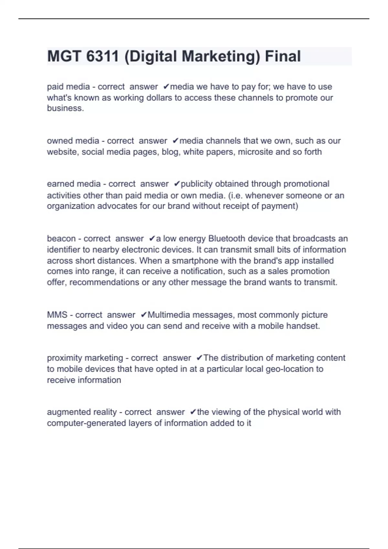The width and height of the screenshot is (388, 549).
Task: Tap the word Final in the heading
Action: pyautogui.click(x=283, y=56)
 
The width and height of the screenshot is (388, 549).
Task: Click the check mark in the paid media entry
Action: pyautogui.click(x=166, y=87)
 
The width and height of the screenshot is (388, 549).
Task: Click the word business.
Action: pyautogui.click(x=65, y=108)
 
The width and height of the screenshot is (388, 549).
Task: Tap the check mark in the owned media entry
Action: pyautogui.click(x=176, y=141)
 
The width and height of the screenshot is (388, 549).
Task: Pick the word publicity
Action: pyautogui.click(x=197, y=184)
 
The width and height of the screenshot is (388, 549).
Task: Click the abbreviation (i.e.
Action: pyautogui.click(x=235, y=195)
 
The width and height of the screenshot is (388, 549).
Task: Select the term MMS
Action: pyautogui.click(x=57, y=315)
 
